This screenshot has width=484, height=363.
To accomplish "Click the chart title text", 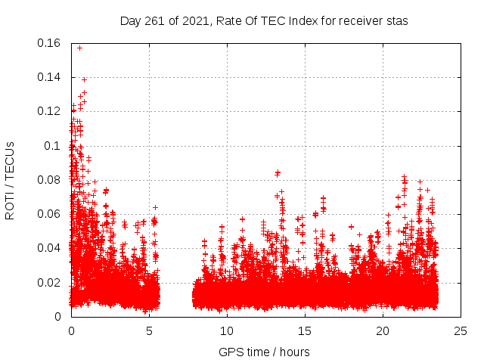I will coord(264,20).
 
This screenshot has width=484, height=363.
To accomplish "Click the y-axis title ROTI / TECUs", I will coord(10,180).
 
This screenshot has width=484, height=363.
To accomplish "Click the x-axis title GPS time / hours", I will coord(264,352).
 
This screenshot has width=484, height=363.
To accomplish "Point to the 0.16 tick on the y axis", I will coord(49,43).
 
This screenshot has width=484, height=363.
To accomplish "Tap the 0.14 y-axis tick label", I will coord(49,77).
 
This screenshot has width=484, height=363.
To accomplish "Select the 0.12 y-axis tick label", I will coord(49,111).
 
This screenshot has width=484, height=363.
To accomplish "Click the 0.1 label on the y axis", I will coord(54,145).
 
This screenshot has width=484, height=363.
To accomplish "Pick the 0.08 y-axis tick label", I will coord(49,180).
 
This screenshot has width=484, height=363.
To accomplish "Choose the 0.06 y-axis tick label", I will coord(49,214).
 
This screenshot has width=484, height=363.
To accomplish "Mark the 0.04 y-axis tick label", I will coord(49,248).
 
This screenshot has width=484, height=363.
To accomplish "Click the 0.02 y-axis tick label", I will coord(49,282).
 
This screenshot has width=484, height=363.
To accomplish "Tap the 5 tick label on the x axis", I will coord(149,330).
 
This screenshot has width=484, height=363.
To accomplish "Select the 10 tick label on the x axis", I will coord(227,330).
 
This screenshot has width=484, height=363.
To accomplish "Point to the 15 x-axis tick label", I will coord(305,330).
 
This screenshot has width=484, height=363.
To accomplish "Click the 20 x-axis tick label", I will coord(383,330).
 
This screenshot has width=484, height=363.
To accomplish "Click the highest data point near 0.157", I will coord(79,48).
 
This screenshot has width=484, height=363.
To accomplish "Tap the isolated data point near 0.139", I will coord(84,79).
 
